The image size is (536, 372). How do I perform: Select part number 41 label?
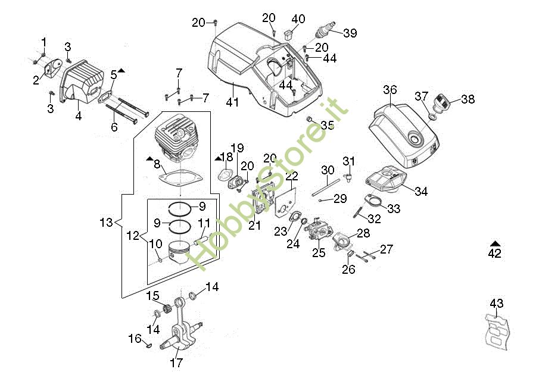[232, 102]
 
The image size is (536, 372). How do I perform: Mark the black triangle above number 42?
[494, 243]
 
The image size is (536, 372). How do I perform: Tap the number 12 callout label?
[133, 236]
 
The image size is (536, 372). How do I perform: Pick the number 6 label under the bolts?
[114, 126]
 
